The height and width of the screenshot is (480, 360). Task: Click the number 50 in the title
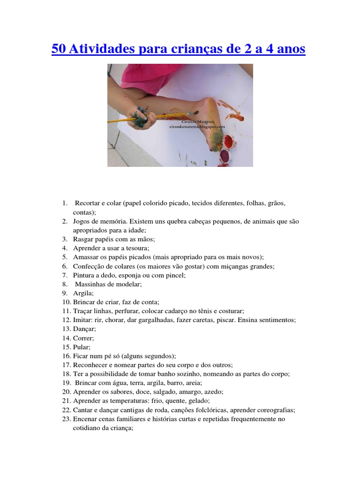click(59, 49)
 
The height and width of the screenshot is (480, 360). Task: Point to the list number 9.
click(64, 293)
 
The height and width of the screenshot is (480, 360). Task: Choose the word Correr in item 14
click(83, 338)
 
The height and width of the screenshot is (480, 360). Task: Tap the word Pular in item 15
click(82, 347)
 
